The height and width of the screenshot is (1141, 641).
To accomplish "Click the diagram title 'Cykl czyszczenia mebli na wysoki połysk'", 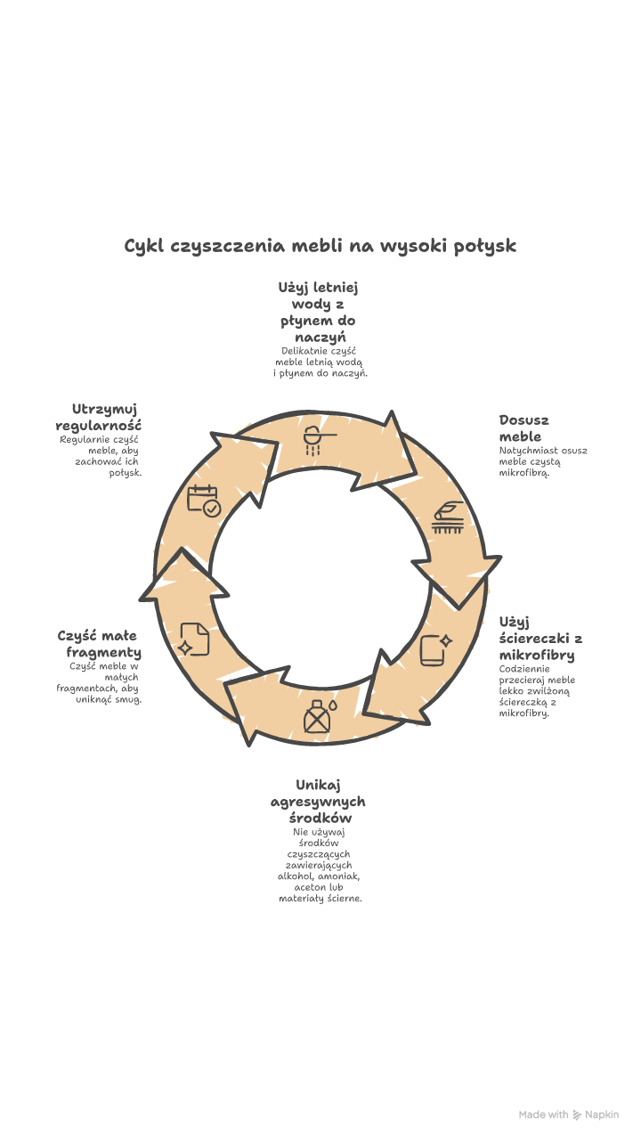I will pos(320,245).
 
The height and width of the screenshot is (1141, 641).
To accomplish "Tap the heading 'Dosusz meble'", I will pos(523,428).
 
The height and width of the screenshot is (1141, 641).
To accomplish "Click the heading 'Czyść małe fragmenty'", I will pos(99,644).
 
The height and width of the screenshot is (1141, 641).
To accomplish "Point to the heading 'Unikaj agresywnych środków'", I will pos(319,801).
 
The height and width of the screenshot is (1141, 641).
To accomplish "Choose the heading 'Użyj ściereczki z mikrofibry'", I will pos(540,638).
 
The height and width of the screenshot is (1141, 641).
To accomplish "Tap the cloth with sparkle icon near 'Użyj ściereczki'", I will pos(435,649).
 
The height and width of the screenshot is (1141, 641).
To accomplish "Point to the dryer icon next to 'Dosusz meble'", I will pos(447,518).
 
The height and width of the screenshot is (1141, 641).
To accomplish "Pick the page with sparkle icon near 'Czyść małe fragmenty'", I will pos(195,639).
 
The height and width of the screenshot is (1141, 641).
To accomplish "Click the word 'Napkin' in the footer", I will pos(602,1114).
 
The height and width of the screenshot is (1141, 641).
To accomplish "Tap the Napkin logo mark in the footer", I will pos(577,1114).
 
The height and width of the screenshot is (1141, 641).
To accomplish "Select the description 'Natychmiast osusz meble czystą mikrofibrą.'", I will pos(542,461).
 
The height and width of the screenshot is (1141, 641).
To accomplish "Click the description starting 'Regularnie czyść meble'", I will pos(101,455).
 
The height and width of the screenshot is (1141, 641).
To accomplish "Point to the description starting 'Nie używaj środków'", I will pos(320,865).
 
